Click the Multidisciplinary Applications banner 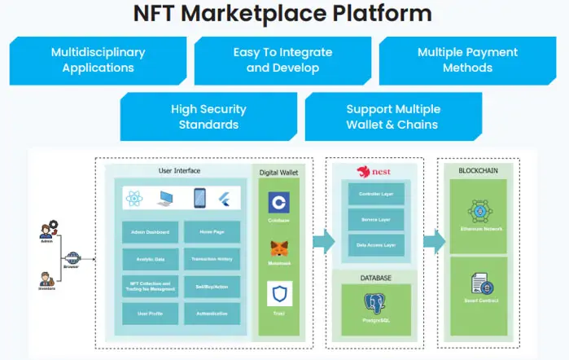coord(98,59)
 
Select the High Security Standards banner coord(208,116)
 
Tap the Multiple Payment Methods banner coord(467,59)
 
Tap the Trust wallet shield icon coord(279,292)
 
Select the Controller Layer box coord(376,194)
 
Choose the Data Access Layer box coord(376,244)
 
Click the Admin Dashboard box coord(150,232)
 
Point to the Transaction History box coord(212,259)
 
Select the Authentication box coord(212,313)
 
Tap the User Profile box coord(150,313)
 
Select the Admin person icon coord(47,228)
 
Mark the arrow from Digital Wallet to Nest coord(323,241)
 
